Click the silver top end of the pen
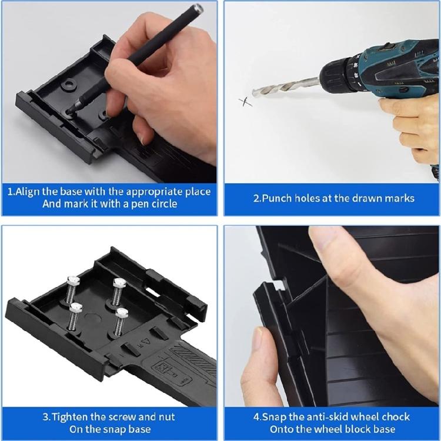click(x=198, y=8)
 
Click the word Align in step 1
click(x=38, y=192)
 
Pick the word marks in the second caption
click(x=400, y=198)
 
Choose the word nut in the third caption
click(x=163, y=417)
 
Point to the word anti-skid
click(x=330, y=417)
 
